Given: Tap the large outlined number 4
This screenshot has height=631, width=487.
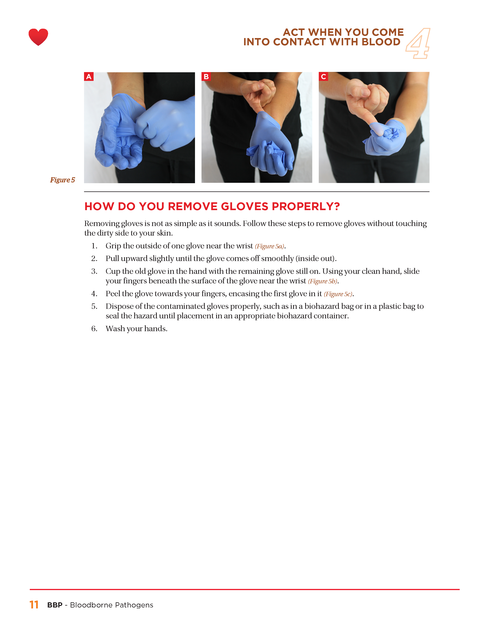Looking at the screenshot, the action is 418,43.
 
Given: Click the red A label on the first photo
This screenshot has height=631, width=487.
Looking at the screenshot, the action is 89,76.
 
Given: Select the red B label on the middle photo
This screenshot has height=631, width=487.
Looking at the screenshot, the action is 206,76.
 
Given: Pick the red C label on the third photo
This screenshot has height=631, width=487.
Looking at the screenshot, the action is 323,76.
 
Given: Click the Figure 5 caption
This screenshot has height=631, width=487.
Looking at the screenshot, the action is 62,180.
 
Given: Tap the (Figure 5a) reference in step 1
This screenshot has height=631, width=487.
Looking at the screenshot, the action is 269,246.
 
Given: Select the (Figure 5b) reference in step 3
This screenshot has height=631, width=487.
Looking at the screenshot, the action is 323,281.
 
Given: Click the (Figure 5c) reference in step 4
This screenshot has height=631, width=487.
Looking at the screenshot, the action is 338,294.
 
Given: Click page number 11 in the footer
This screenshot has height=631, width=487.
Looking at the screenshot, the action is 34,605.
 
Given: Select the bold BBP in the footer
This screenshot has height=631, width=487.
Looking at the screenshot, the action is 55,605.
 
